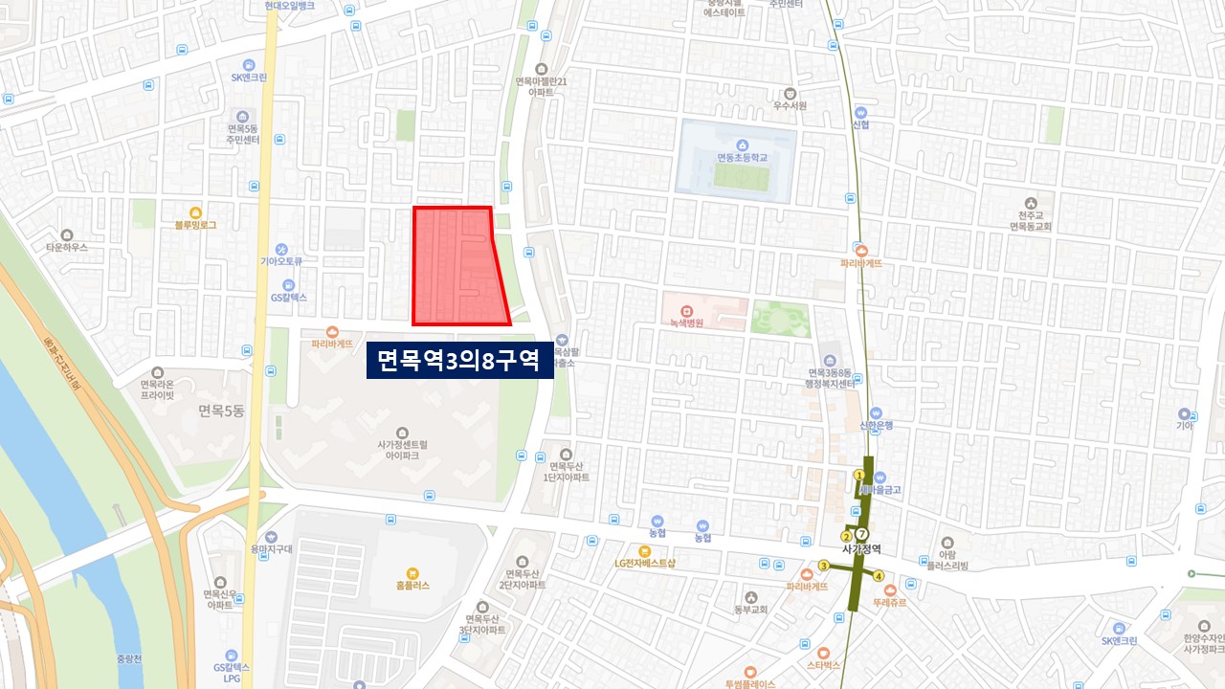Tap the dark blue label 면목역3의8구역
point(459,361)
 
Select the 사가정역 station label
point(861,549)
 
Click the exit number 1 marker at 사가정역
point(858,475)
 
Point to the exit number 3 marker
point(823,566)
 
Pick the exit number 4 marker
point(879,575)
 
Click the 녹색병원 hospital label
point(686,322)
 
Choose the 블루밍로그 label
point(195,225)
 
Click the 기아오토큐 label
point(281,260)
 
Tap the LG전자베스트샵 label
point(645,563)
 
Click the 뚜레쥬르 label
point(890,603)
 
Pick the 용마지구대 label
point(271,548)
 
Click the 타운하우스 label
point(66,246)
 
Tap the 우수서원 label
point(790,105)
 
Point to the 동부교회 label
point(751,609)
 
